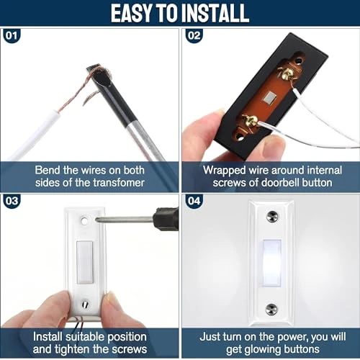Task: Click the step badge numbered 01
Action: tap(12, 33)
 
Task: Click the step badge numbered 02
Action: tap(192, 33)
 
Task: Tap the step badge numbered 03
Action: tap(12, 202)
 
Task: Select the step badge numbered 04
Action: tap(192, 202)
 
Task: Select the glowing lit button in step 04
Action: tap(271, 264)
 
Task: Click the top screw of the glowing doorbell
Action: tap(271, 217)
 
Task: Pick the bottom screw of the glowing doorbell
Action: tap(271, 309)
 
